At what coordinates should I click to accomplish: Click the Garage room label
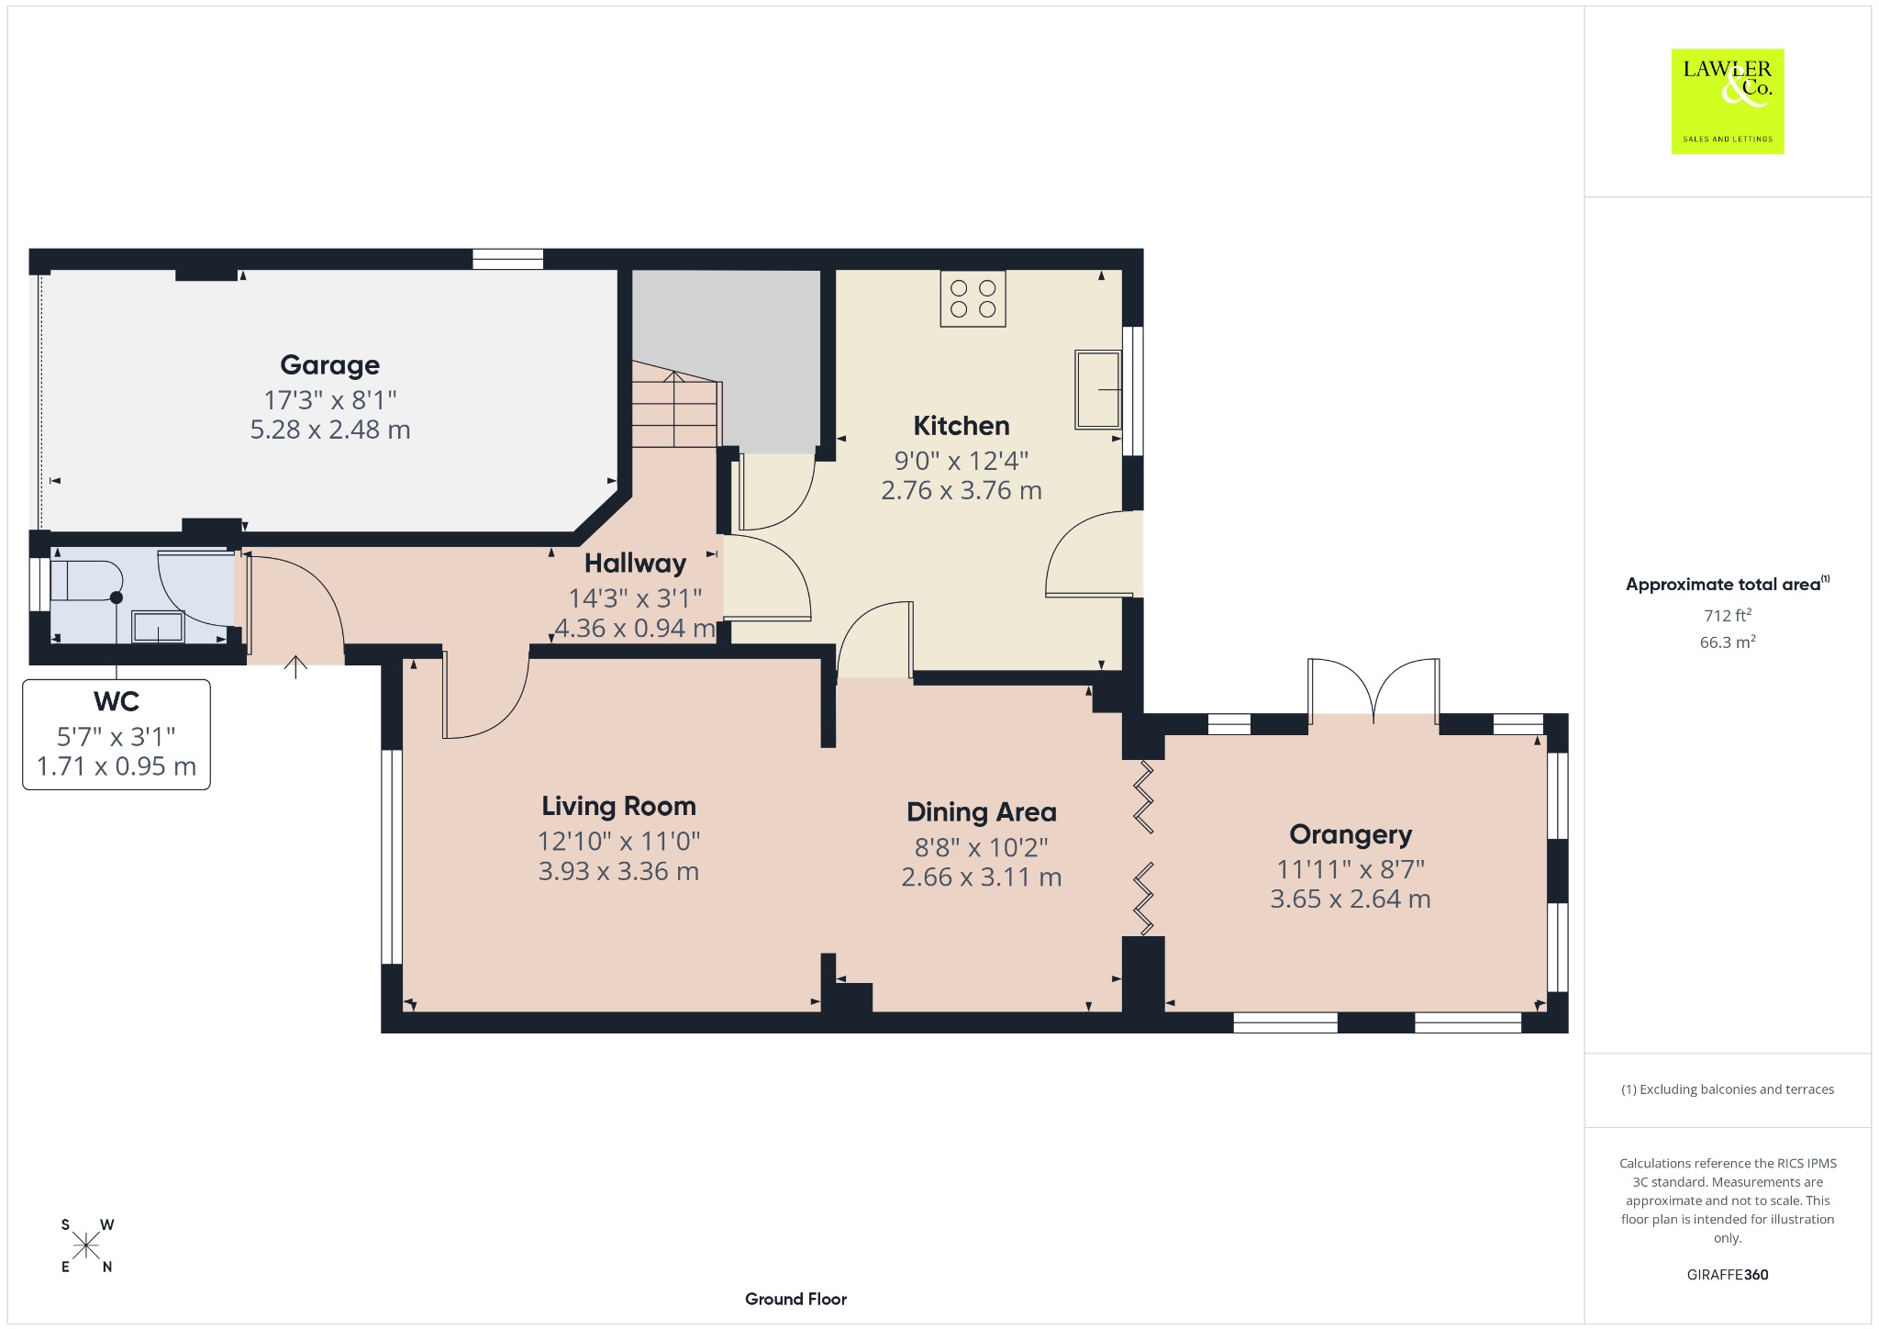coord(329,365)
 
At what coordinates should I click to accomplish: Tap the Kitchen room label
coord(962,426)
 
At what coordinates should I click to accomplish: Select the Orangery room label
coord(1351,835)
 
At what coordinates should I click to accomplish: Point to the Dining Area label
coord(982,812)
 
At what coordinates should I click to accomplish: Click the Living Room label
coord(618,807)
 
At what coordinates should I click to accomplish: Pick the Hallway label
coord(635,564)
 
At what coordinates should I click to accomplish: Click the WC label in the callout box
coord(117,702)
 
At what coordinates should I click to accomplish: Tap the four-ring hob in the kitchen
coord(973,298)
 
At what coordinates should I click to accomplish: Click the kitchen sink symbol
coord(1098,389)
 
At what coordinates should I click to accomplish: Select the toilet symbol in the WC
coord(87,580)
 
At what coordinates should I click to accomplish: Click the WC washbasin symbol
coord(159,627)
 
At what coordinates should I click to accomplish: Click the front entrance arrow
coord(295,667)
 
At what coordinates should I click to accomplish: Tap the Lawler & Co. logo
coord(1728,102)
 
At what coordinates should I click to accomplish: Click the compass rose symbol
coord(87,1245)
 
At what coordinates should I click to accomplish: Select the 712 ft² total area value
coord(1728,615)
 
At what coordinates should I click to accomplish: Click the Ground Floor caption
coord(795,1299)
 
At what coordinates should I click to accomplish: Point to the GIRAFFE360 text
coord(1728,1274)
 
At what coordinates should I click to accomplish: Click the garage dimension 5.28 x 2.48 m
coord(330,430)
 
